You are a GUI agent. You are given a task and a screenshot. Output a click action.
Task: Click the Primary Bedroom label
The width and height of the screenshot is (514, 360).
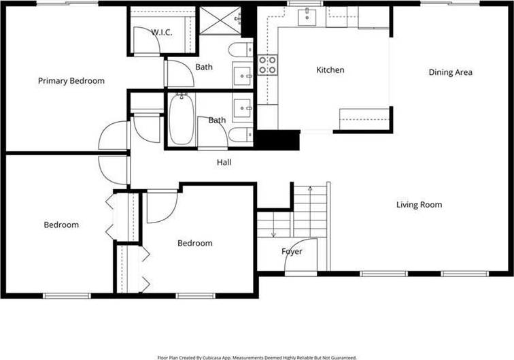(x=71, y=81)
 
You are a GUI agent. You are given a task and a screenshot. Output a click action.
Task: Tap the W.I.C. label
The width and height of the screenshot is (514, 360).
(x=162, y=32)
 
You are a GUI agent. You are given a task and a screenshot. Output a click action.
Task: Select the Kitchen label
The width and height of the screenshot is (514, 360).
(x=330, y=70)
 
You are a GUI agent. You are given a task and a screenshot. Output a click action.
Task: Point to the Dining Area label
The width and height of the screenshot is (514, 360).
(x=450, y=72)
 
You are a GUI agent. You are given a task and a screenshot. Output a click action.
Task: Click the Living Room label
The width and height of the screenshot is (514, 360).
(x=419, y=205)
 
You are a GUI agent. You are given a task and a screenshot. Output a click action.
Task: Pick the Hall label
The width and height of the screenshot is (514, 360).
(x=224, y=162)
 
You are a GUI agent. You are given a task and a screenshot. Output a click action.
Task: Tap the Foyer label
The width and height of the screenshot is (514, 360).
(x=292, y=251)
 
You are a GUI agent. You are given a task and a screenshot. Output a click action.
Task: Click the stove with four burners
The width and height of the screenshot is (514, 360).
(x=267, y=65)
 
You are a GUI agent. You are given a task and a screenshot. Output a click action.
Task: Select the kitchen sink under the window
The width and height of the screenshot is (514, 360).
(x=307, y=18)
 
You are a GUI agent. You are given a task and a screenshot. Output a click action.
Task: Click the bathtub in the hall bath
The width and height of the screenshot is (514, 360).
(x=182, y=119)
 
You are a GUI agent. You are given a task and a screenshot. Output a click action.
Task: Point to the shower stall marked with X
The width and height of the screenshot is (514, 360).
(x=220, y=20)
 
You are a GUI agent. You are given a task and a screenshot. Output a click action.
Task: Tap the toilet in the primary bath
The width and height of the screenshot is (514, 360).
(x=241, y=50)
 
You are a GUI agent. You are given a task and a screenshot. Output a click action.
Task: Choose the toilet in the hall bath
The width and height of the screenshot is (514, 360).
(x=241, y=135)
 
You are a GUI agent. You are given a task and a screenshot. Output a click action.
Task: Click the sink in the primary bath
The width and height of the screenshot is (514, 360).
(x=243, y=76)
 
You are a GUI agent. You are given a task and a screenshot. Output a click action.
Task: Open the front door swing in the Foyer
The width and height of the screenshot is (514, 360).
(x=301, y=255)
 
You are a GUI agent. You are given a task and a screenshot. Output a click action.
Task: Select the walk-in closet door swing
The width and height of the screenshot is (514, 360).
(x=147, y=40)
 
